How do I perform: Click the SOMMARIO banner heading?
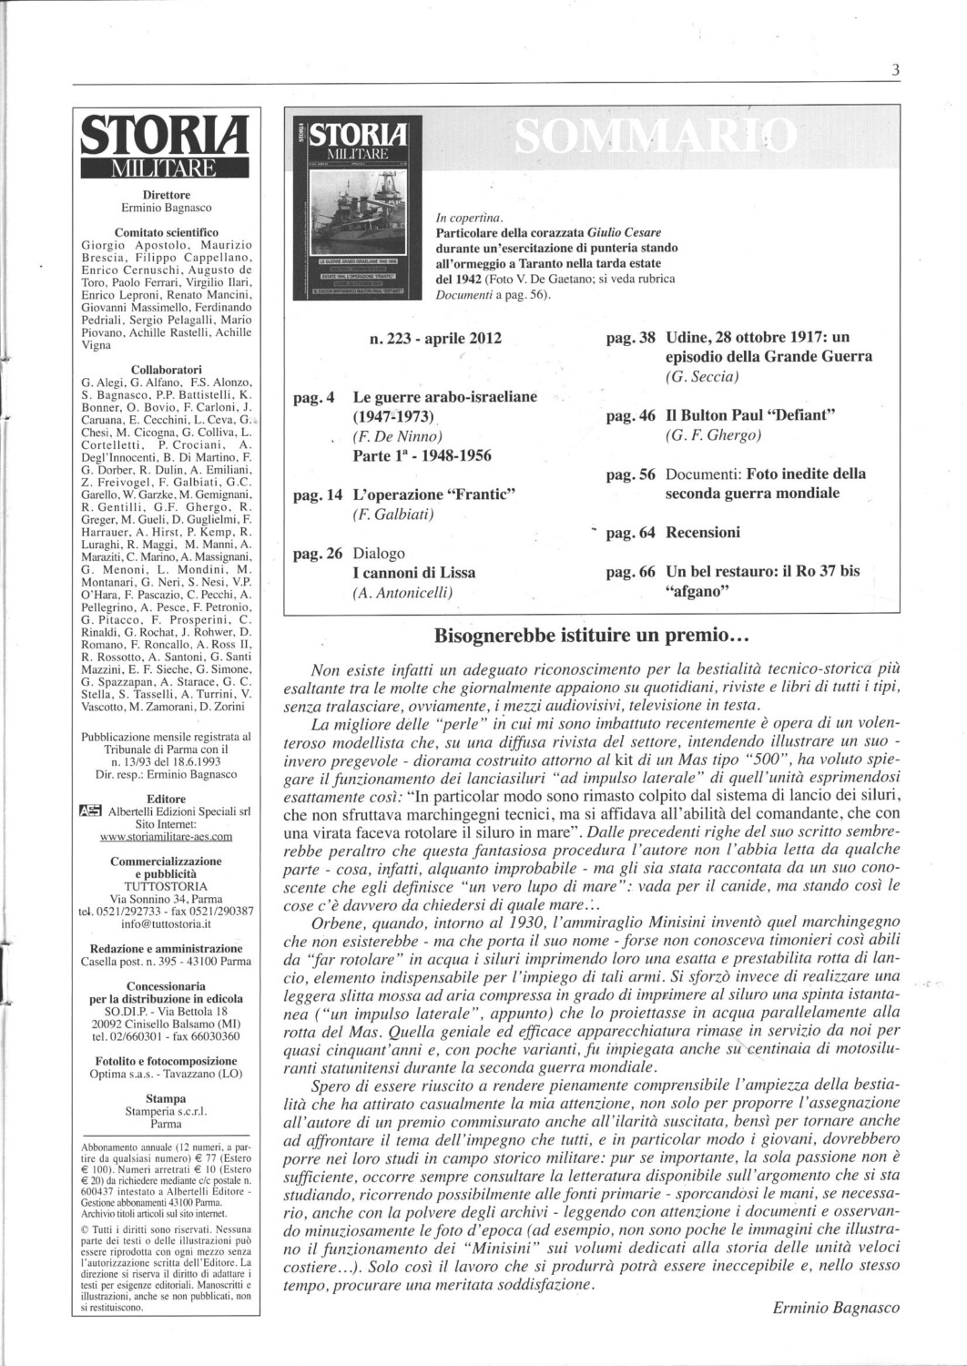tap(656, 138)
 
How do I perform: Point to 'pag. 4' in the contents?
tap(314, 397)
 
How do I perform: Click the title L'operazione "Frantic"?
tap(434, 494)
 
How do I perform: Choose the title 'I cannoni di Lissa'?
tap(414, 573)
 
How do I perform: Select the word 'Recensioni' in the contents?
tap(703, 532)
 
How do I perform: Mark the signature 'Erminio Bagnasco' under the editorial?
tap(836, 1307)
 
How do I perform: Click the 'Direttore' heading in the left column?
tap(166, 194)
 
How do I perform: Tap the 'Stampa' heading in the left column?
tap(166, 1097)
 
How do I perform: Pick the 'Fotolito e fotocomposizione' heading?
tap(166, 1060)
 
